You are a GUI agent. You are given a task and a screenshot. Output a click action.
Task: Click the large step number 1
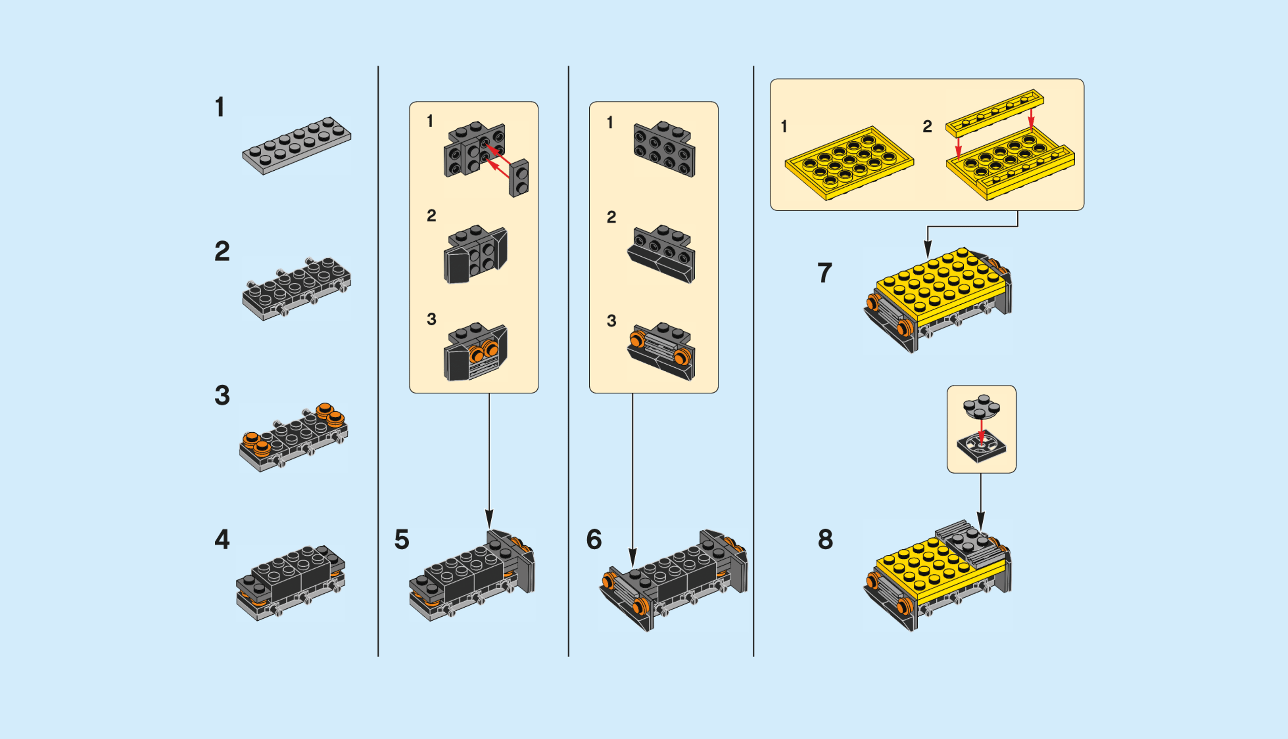tap(219, 108)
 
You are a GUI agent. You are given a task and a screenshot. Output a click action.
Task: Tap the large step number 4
tap(222, 540)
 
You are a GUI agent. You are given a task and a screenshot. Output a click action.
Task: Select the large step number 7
tap(825, 273)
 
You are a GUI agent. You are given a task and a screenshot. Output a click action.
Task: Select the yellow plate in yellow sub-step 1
tap(849, 163)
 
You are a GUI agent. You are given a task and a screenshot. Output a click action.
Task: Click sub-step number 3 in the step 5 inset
tap(431, 319)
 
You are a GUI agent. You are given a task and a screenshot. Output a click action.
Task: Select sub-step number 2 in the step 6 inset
tap(611, 217)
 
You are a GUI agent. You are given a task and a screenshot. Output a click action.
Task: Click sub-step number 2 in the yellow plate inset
tap(927, 126)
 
